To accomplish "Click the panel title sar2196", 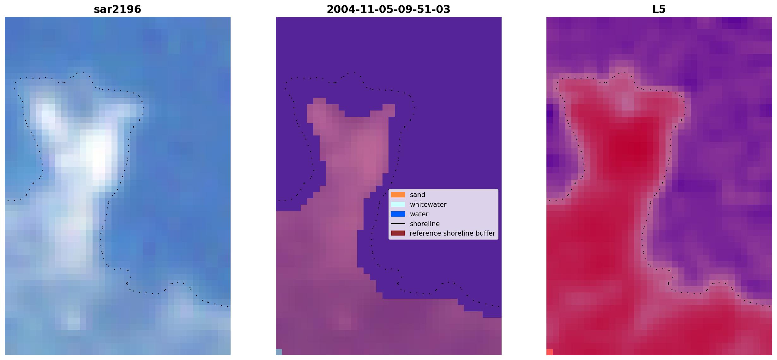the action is tap(117, 9).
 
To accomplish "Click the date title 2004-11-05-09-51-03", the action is tap(388, 9).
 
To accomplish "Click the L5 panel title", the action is tap(659, 9).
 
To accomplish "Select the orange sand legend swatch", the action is tap(398, 195).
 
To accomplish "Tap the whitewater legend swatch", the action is tap(398, 204).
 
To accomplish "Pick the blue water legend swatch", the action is tap(398, 214).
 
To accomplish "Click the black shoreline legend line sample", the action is tap(398, 224).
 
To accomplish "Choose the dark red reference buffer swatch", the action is tap(398, 233).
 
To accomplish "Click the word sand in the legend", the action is tap(418, 195).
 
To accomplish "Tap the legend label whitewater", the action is tap(428, 204).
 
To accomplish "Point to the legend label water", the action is tap(419, 214).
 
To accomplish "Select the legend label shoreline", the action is tap(425, 224).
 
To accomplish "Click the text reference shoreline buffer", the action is tap(452, 233).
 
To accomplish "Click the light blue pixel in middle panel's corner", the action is tap(279, 352).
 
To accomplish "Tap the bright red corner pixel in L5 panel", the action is tap(550, 352).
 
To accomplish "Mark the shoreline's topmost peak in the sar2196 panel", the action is tap(83, 73).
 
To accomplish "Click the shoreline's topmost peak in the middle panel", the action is tap(354, 73).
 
